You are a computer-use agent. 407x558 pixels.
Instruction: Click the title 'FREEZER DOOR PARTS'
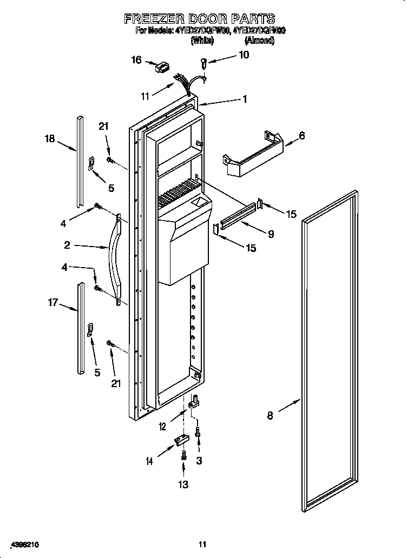point(200,19)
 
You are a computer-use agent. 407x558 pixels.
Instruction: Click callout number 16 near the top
point(136,60)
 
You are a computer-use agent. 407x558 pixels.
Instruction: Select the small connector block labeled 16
point(161,68)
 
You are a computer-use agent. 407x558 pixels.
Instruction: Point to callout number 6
point(301,136)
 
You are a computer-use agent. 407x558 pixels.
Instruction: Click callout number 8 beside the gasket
point(270,415)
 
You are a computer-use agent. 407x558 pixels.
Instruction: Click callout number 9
point(270,234)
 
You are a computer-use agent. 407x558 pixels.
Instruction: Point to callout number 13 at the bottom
point(183,484)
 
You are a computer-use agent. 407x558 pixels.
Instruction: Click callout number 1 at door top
point(245,99)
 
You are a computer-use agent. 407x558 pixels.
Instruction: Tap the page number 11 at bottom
point(202,544)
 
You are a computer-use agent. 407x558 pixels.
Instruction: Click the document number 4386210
point(24,544)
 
